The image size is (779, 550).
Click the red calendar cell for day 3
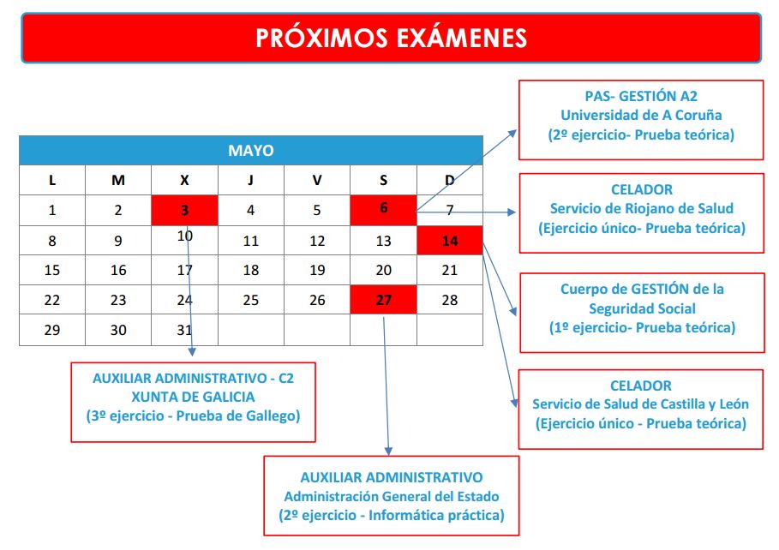pos(184,210)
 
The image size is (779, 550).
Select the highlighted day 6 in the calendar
pos(384,210)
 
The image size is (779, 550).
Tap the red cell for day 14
pos(450,241)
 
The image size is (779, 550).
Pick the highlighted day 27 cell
pos(384,300)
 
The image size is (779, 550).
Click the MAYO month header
pos(251,150)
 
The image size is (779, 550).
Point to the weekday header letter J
pos(251,180)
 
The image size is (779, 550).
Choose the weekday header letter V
pos(317,180)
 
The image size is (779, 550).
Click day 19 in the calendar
pos(317,270)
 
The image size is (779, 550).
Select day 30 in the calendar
pos(118,330)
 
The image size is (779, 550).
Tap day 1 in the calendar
pos(52,210)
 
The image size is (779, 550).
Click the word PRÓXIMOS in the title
pos(321,38)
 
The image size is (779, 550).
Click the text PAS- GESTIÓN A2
pos(641,96)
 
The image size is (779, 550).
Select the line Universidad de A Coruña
pos(641,116)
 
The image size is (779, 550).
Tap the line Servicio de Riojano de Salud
pos(641,208)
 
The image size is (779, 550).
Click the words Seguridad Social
pos(642,308)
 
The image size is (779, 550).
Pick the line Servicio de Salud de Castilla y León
pos(640,404)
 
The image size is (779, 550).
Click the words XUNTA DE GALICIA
pos(193,397)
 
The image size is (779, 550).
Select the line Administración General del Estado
pos(392,496)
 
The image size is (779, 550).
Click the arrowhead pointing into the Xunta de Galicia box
pos(192,352)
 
